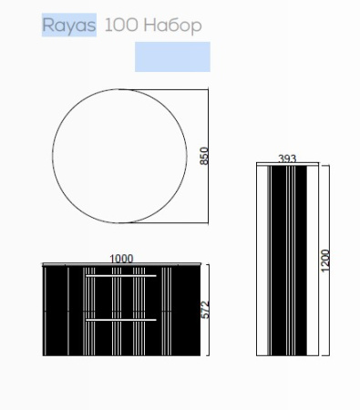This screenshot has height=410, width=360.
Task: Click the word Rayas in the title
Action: (x=69, y=25)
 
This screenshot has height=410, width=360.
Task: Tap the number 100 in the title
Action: (x=121, y=25)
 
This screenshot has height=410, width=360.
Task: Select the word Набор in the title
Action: (x=173, y=26)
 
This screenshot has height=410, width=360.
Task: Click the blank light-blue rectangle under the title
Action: (x=172, y=56)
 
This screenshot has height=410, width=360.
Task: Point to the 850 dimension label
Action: (x=204, y=156)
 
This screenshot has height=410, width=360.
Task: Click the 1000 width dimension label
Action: (x=121, y=259)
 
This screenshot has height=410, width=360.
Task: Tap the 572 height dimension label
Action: (x=206, y=310)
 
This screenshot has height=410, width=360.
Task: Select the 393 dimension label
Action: (x=287, y=159)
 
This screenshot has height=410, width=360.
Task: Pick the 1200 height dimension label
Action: (x=325, y=261)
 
